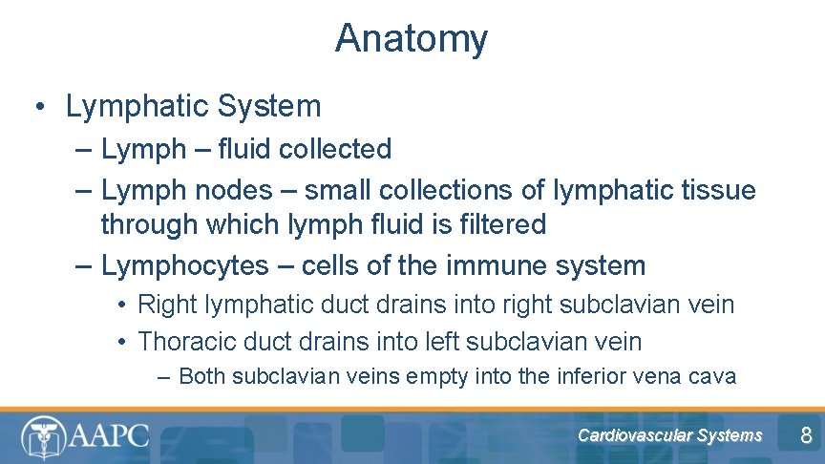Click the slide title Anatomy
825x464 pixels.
412,39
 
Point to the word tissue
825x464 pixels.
713,190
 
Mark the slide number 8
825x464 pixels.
806,437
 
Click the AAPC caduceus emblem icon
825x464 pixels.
42,436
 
